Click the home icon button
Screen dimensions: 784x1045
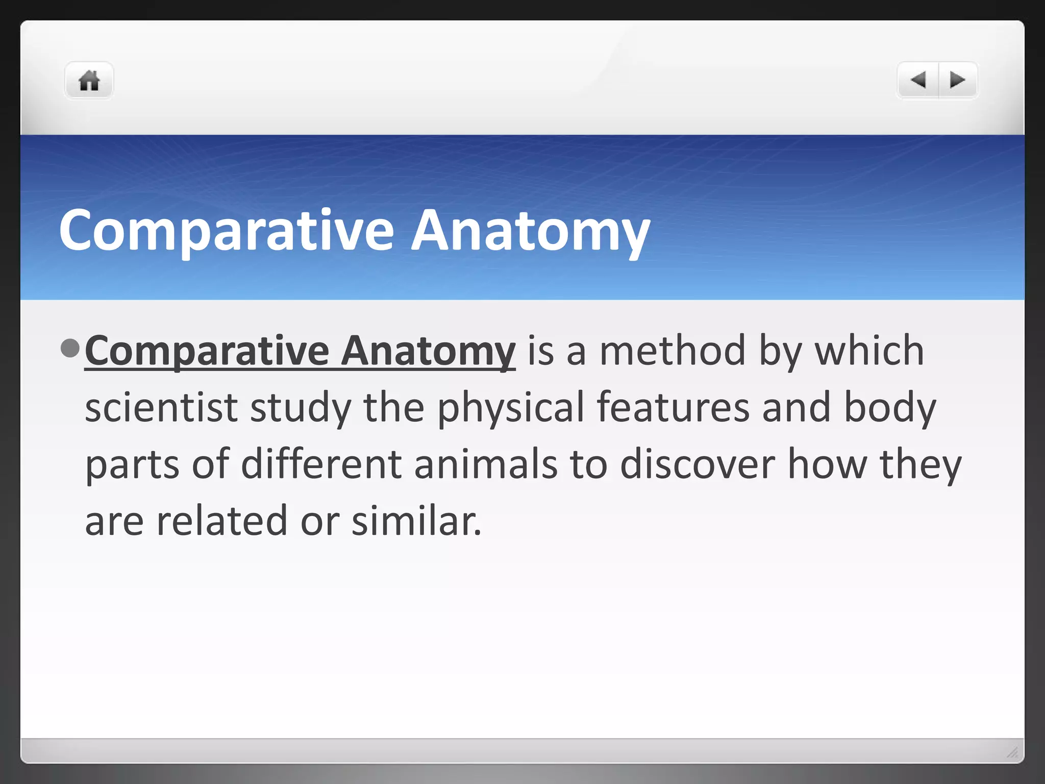[89, 81]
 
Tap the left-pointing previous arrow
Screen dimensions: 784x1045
[918, 80]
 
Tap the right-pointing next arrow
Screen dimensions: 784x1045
[957, 80]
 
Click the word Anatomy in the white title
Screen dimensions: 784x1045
[530, 231]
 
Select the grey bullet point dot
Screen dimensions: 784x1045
[70, 348]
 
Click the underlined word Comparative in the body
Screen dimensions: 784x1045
[207, 351]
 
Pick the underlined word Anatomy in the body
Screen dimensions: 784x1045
[428, 351]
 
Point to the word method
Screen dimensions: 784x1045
[673, 351]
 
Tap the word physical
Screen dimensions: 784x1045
[510, 408]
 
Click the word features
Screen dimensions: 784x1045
[673, 408]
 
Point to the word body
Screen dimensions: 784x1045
[890, 408]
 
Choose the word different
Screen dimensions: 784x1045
[321, 464]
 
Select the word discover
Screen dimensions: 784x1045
[698, 464]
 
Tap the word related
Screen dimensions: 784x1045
[222, 521]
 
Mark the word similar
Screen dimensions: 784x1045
[416, 521]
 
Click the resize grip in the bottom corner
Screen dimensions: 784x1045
[1012, 752]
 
